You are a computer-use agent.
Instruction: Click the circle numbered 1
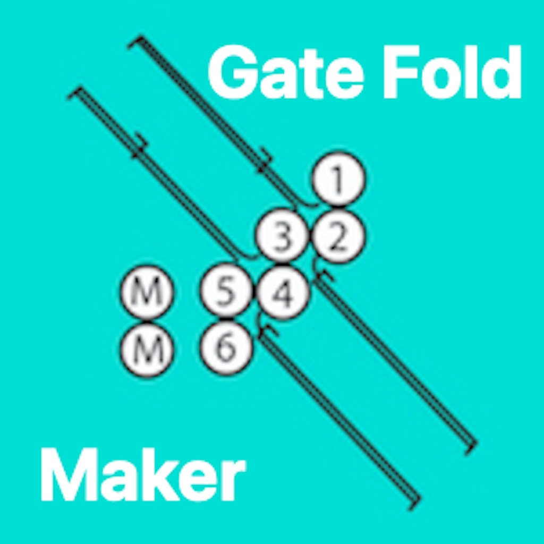coord(338,178)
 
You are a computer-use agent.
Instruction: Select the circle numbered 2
coord(338,236)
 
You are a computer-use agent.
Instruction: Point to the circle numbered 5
coord(226,291)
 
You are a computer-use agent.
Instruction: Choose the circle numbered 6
coord(226,348)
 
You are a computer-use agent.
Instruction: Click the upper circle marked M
coord(147,292)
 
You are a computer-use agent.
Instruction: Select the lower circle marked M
coord(147,350)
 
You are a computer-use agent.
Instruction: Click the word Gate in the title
coord(285,72)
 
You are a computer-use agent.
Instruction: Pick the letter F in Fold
coord(397,72)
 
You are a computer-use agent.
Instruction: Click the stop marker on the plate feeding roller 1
coord(265,163)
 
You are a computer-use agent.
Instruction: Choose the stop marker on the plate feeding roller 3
coord(140,146)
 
